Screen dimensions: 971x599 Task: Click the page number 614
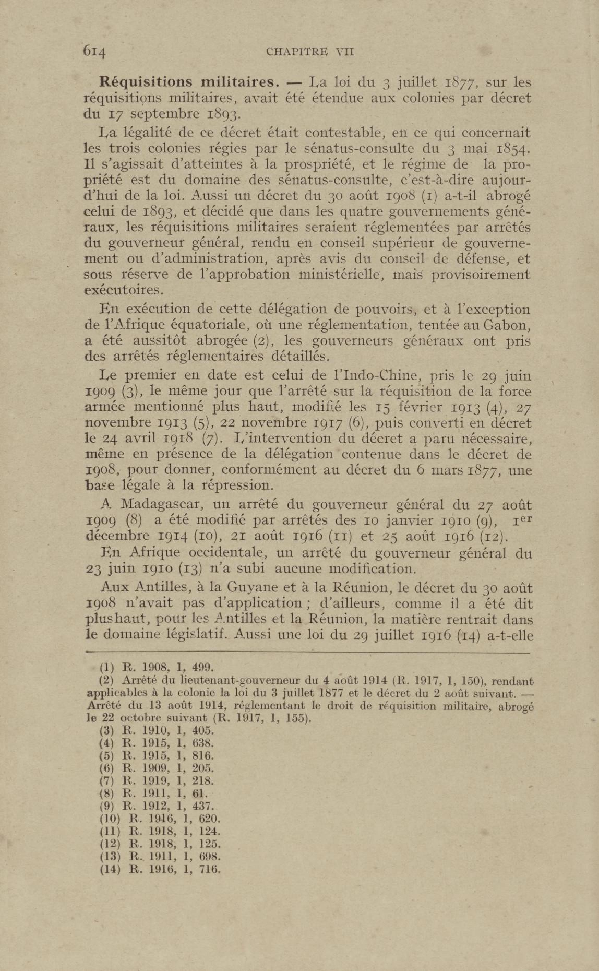tap(94, 51)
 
